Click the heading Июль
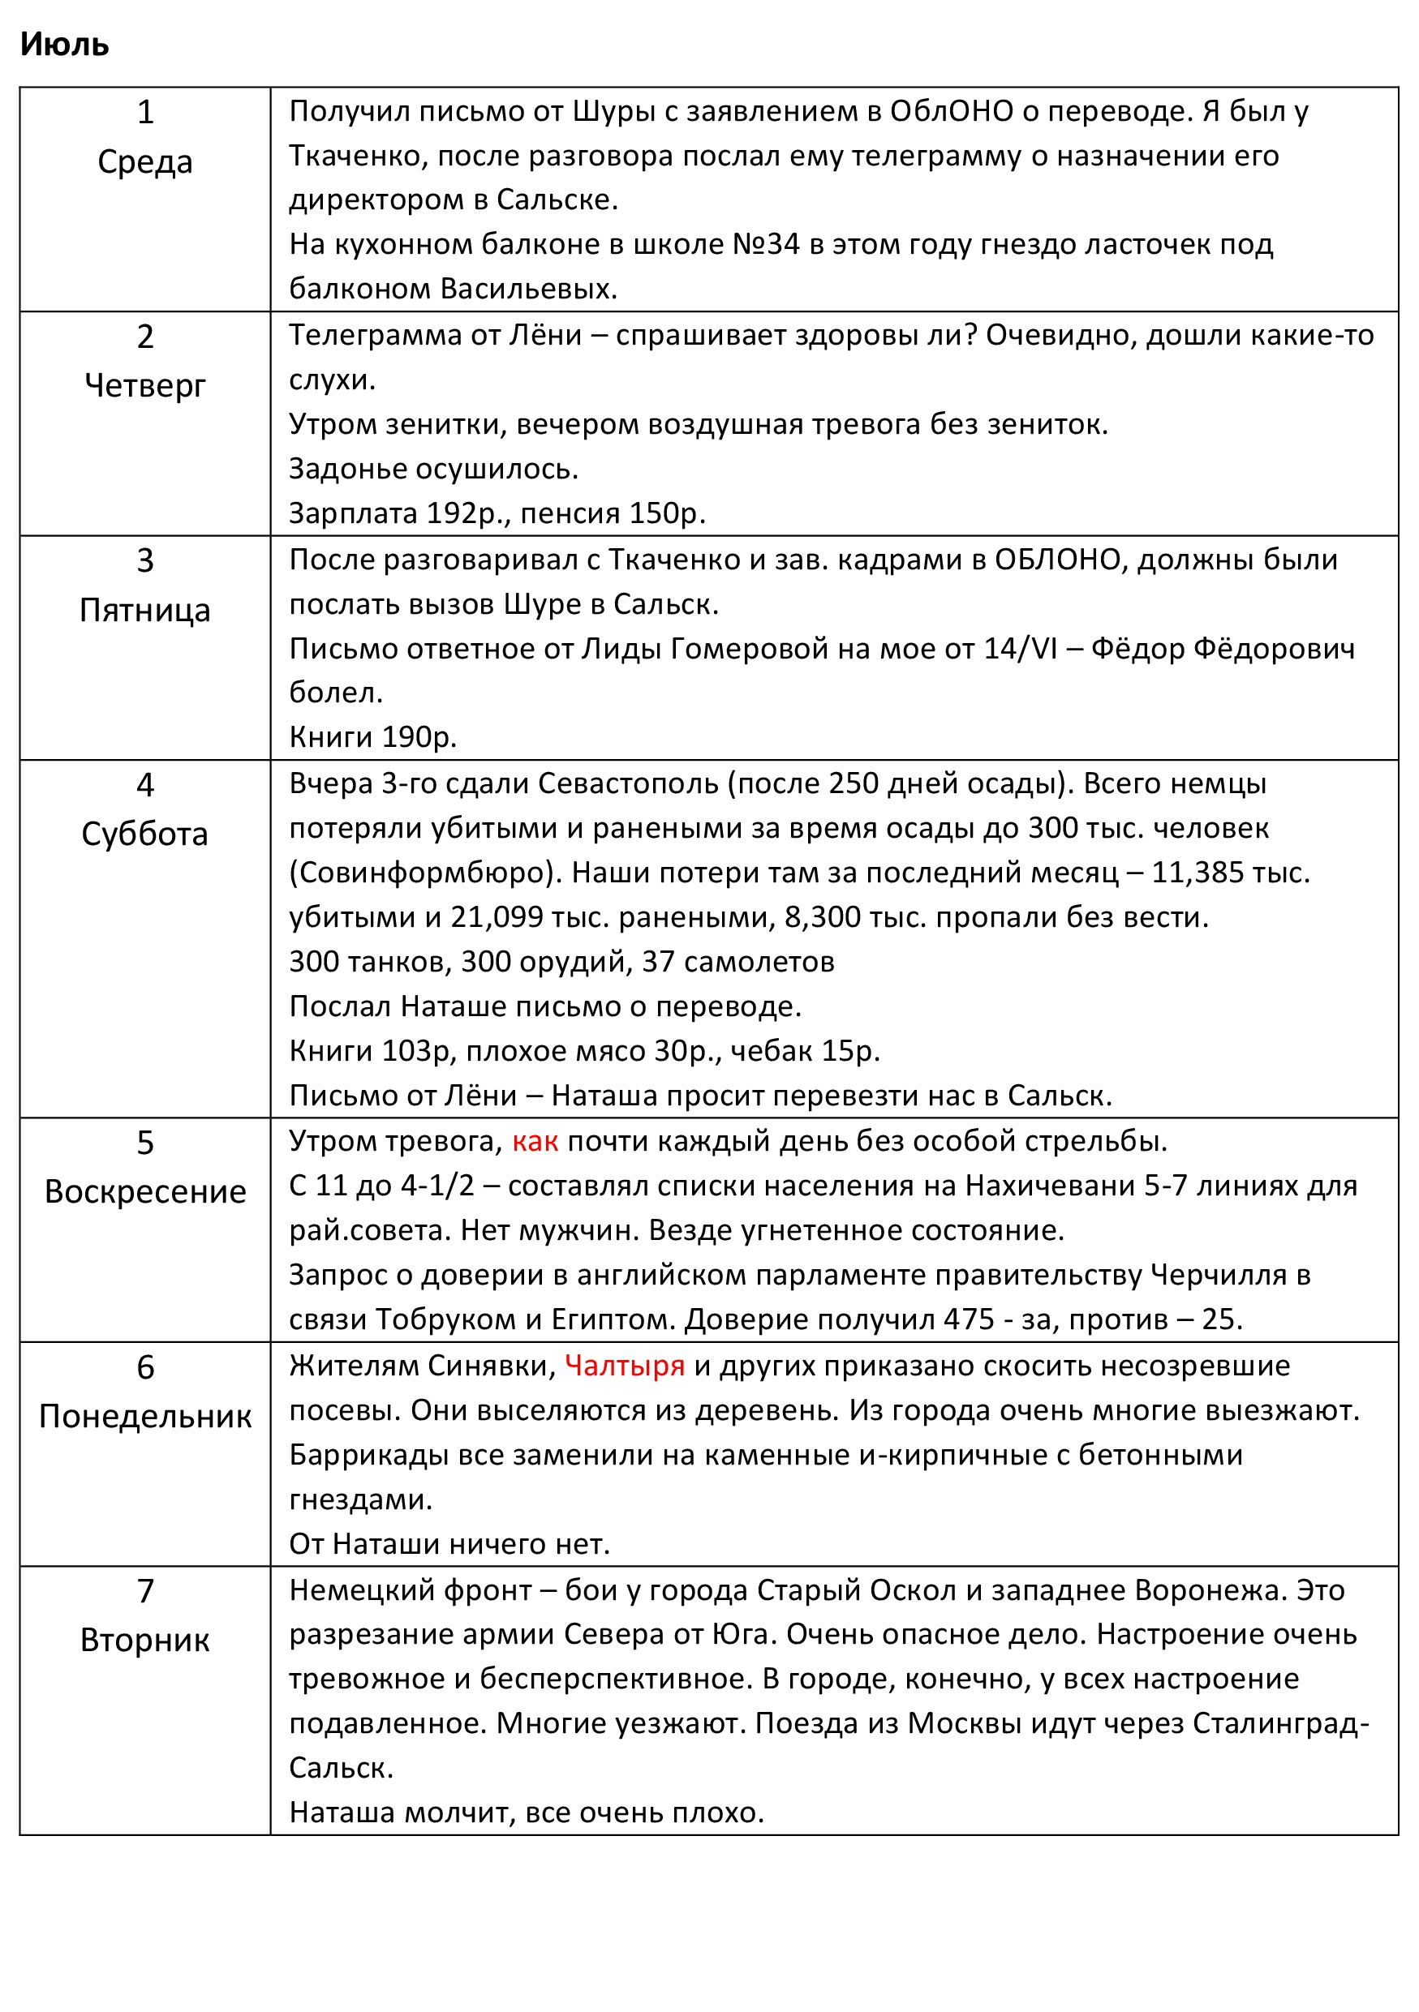[x=64, y=44]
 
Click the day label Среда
[x=144, y=162]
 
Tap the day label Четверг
[x=144, y=385]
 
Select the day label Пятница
[x=144, y=610]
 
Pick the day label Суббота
[x=144, y=834]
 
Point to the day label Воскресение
[x=144, y=1192]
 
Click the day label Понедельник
[x=144, y=1416]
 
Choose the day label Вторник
[x=144, y=1640]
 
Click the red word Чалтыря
[x=624, y=1366]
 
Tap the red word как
[x=535, y=1142]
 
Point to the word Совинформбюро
[x=427, y=873]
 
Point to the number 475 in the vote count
[x=969, y=1319]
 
